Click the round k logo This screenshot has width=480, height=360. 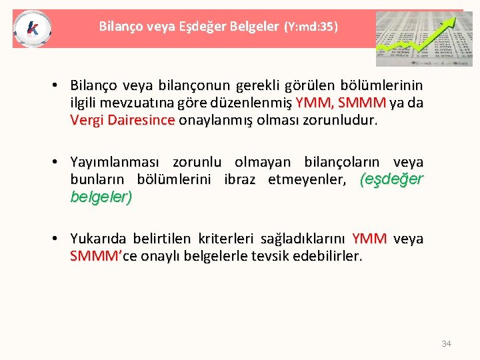[31, 29]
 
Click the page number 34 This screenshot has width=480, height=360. [446, 343]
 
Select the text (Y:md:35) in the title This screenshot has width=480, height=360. [311, 27]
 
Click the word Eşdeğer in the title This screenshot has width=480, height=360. [199, 27]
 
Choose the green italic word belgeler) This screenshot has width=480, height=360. [101, 197]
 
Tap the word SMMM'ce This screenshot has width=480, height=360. [99, 256]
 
